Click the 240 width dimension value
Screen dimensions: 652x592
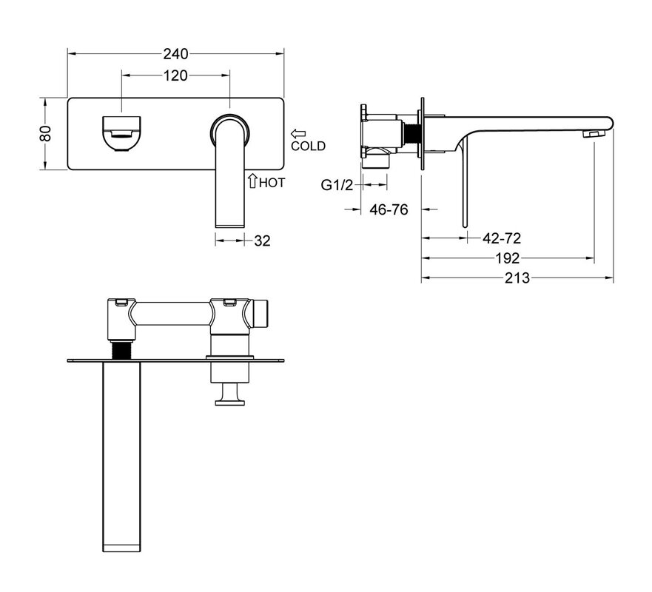175,53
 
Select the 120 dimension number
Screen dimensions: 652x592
175,75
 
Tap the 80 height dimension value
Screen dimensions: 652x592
45,133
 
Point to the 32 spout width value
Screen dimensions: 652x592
262,240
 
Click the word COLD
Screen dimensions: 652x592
308,146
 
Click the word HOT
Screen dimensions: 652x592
272,183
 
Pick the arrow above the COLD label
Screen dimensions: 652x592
298,134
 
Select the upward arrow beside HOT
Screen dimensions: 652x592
252,181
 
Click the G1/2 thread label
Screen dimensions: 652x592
337,185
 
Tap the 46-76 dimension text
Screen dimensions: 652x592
389,210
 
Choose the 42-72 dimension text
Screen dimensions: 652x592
502,238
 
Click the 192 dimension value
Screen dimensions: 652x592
507,258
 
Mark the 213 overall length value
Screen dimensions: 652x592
517,277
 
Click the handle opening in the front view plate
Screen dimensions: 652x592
121,133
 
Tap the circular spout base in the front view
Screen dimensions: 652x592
230,129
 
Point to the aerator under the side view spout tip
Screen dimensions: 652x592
594,133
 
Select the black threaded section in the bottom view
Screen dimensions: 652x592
121,349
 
